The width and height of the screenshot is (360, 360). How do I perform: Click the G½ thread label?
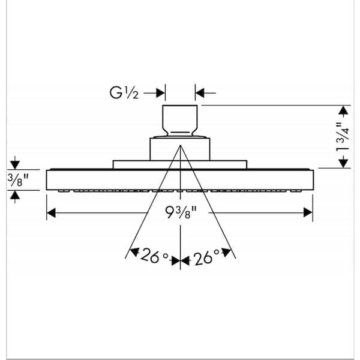[124, 93]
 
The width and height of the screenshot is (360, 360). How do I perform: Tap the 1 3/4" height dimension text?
[343, 137]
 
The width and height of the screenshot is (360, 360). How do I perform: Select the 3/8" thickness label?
[18, 180]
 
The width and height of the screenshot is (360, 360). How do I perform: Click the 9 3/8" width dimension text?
[181, 212]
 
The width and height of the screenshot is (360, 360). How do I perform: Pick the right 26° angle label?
[206, 257]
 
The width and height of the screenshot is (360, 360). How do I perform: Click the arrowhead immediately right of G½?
[160, 93]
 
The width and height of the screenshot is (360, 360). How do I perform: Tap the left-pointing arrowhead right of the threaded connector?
[200, 93]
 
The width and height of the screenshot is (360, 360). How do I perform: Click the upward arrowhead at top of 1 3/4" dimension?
[343, 110]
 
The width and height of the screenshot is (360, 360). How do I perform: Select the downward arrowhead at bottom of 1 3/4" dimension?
[343, 163]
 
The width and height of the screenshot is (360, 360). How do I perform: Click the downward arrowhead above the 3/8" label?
[15, 165]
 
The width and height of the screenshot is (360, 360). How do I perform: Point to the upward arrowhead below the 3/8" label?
[15, 195]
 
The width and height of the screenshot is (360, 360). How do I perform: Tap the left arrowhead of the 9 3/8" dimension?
[51, 212]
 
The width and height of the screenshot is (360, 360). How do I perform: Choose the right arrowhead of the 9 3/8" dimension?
[308, 212]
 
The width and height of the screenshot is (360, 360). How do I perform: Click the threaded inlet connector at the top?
[180, 120]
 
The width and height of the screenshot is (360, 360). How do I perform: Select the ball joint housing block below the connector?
[180, 149]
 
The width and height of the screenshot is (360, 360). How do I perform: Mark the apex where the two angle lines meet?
[181, 145]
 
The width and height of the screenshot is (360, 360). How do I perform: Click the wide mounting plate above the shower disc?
[180, 164]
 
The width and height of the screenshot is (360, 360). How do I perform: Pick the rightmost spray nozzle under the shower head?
[296, 191]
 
